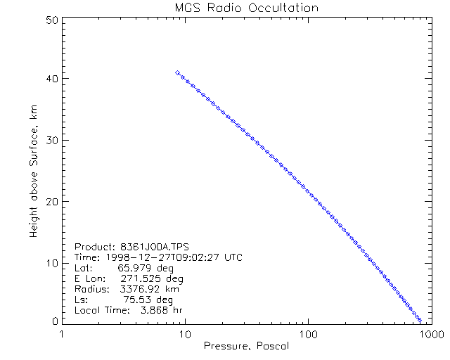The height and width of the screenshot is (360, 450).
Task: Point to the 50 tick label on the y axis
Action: click(x=51, y=20)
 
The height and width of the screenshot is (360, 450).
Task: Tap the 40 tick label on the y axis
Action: click(x=51, y=79)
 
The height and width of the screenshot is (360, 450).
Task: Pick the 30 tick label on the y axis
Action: click(x=51, y=141)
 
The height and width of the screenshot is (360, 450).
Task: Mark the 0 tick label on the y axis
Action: click(x=54, y=321)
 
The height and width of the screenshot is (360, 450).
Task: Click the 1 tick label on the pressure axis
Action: click(x=63, y=333)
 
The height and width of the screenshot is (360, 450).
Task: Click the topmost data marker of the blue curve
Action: click(x=177, y=72)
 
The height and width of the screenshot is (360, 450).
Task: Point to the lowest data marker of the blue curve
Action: click(x=419, y=319)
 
